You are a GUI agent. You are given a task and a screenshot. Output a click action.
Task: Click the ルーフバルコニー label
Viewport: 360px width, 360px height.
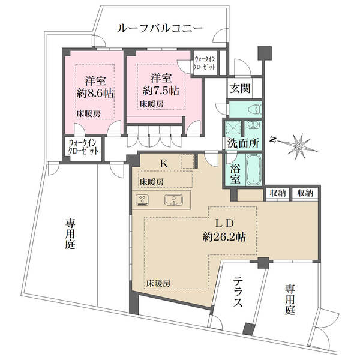pos(160,28)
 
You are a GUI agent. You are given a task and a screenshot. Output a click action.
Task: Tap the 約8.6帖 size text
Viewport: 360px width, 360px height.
pos(95,94)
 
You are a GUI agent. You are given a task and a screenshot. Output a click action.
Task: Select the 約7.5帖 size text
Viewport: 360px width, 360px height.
pos(161,91)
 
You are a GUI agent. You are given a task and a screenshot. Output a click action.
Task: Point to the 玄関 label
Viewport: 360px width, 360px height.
pos(240,88)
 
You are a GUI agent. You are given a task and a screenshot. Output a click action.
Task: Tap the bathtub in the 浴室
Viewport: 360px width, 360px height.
pos(254,169)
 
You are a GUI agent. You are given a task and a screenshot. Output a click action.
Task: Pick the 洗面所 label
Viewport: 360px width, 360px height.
pos(243,144)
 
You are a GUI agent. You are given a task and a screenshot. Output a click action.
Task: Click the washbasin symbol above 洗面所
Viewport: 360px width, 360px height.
pos(253,125)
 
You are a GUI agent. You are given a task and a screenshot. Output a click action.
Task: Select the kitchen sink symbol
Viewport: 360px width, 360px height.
pos(174,200)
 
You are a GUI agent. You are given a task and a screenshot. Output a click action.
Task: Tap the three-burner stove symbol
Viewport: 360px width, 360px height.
pos(142,200)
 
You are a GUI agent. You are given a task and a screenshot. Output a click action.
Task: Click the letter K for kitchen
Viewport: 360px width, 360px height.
pos(164,164)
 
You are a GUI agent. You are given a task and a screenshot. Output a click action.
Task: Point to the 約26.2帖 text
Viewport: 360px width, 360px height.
pos(224,236)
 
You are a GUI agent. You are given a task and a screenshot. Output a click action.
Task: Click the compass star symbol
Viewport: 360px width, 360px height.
pos(299,146)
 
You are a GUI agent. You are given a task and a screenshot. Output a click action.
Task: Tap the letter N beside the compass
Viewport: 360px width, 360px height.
pos(273,140)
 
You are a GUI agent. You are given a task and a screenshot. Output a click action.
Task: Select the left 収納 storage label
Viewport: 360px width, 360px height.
pos(278,193)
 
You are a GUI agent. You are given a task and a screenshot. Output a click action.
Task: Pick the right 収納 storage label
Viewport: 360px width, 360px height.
pos(305,193)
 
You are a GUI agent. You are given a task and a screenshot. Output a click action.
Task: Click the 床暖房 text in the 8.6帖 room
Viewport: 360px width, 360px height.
pos(88,113)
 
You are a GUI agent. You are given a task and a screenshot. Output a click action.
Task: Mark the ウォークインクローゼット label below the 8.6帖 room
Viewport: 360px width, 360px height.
pos(83,147)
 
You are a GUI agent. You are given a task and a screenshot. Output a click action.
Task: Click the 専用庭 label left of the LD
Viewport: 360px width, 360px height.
pos(70,234)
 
